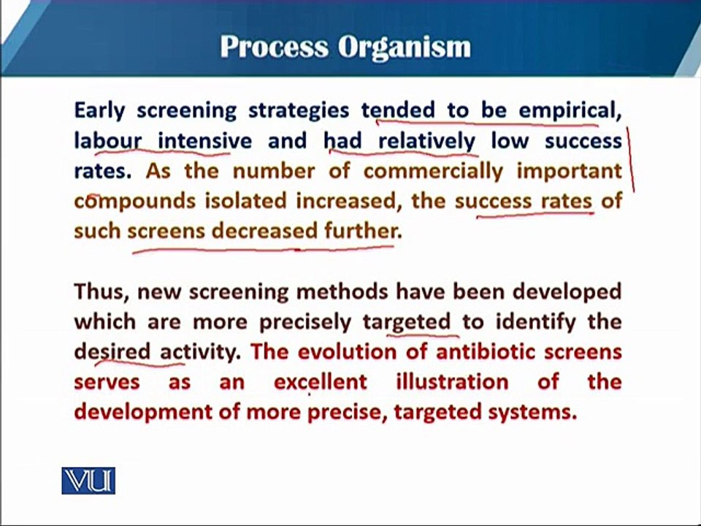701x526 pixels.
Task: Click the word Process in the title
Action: click(274, 47)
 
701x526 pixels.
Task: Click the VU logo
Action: click(88, 481)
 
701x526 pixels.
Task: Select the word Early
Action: click(100, 111)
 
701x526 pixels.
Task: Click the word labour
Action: click(108, 140)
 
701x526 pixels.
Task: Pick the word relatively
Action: click(427, 141)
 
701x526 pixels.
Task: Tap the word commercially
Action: click(433, 171)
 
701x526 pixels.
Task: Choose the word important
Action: click(570, 172)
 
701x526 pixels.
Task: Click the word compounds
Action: click(134, 202)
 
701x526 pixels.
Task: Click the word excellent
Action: click(321, 382)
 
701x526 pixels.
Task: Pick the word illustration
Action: click(453, 382)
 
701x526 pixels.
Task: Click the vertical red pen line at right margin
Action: click(630, 159)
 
